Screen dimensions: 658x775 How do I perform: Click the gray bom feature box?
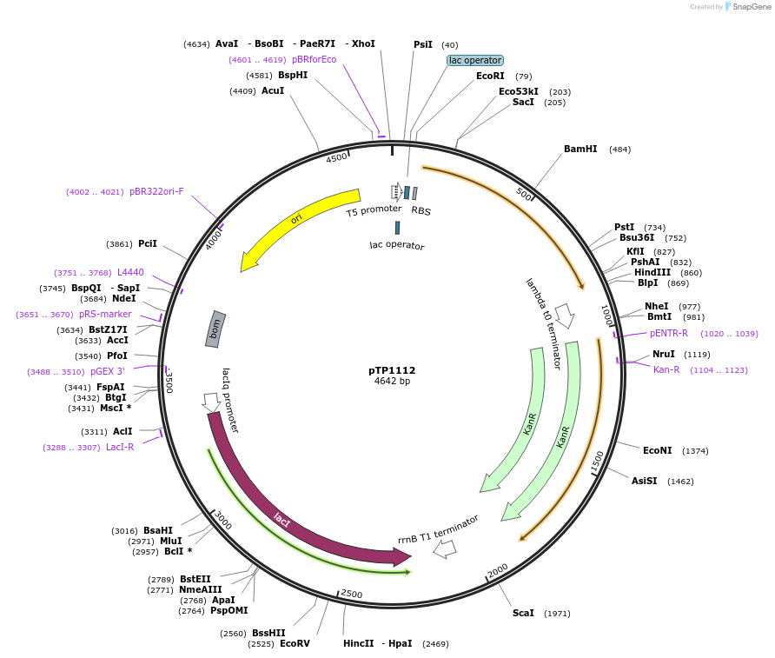[215, 329]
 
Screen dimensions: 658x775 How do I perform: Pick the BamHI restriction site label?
[580, 150]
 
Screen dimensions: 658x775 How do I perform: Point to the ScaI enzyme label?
[523, 613]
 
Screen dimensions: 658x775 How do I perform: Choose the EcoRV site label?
[295, 644]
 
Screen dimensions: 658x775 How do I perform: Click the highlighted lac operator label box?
[474, 61]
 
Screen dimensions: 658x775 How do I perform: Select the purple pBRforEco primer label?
[314, 60]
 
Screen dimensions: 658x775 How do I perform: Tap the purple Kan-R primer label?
[666, 370]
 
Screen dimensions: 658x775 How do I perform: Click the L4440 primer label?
[130, 272]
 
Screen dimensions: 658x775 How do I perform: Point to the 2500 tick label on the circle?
[351, 594]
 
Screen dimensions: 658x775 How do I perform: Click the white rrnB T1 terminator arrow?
[444, 548]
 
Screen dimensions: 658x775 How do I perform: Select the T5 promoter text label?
[374, 210]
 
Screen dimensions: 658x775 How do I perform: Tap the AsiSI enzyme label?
[644, 481]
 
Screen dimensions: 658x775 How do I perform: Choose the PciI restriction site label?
[148, 244]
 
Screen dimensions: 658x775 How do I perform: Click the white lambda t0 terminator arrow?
[565, 316]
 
